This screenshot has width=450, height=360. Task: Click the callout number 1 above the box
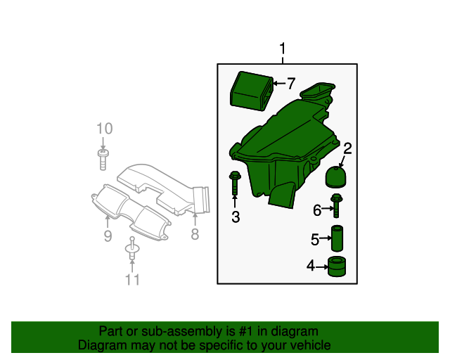[x=283, y=49]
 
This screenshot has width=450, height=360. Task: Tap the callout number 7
[x=291, y=84]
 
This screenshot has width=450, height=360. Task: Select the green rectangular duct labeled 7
[x=252, y=91]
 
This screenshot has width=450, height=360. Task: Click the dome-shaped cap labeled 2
[x=336, y=177]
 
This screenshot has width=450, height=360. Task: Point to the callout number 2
[x=347, y=148]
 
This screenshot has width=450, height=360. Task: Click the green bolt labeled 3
[x=235, y=183]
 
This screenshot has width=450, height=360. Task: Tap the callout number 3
[x=236, y=217]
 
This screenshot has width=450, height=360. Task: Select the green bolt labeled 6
[x=336, y=205]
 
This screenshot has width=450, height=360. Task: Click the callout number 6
[x=317, y=210]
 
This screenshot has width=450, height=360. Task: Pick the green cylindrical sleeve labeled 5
[x=337, y=238]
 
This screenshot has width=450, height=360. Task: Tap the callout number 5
[x=315, y=240]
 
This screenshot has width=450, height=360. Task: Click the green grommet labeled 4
[x=337, y=266]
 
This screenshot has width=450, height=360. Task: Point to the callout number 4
[x=311, y=266]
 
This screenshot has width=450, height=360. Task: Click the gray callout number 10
[x=105, y=129]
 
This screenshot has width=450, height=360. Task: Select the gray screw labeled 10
[x=103, y=160]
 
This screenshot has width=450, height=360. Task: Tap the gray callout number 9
[x=108, y=236]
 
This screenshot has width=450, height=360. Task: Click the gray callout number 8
[x=195, y=234]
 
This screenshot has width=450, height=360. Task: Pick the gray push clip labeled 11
[x=132, y=249]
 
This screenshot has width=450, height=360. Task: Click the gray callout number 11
[x=132, y=280]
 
